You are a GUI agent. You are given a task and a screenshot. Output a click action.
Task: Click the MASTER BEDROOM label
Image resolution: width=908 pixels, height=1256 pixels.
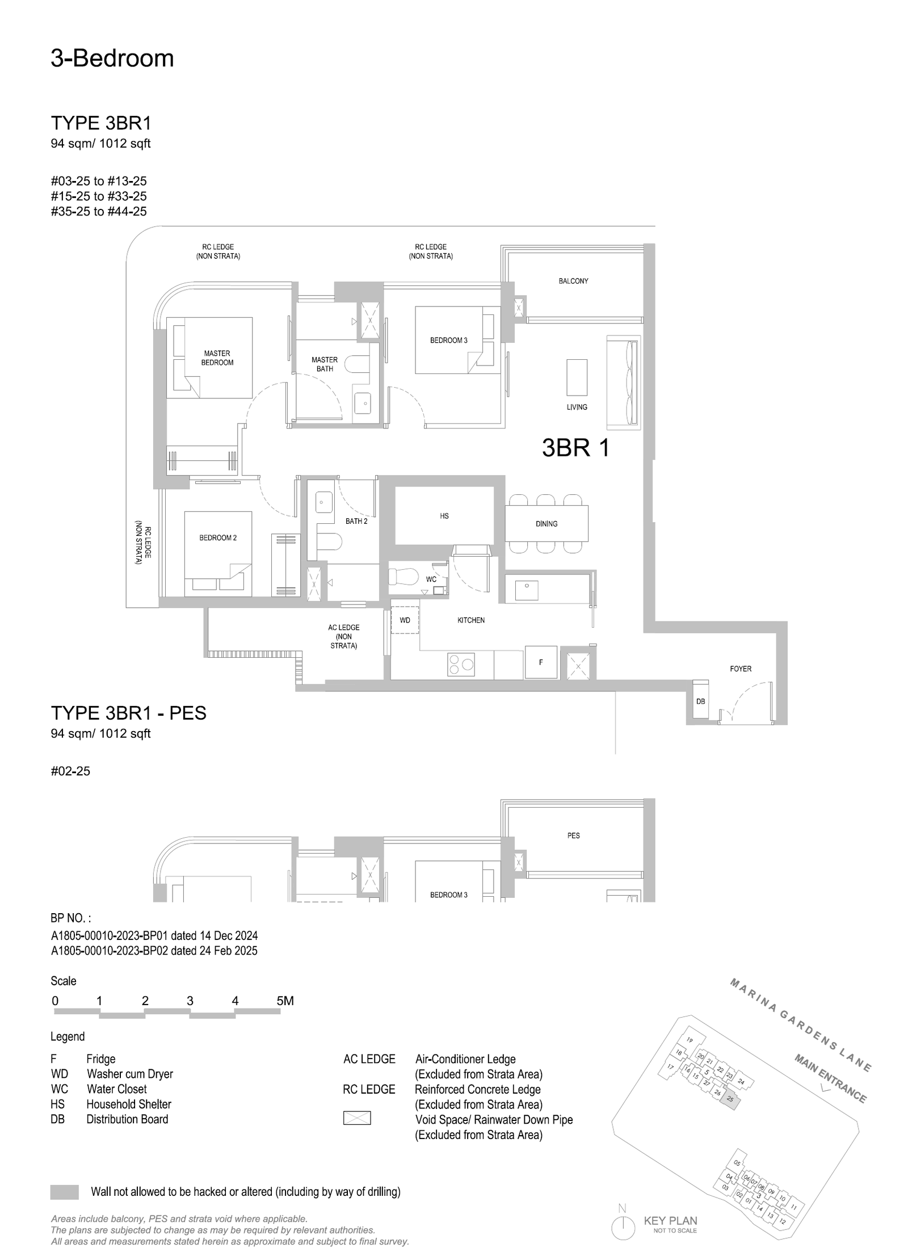217,358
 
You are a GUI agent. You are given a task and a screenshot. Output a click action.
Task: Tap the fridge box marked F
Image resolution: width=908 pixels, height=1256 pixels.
540,662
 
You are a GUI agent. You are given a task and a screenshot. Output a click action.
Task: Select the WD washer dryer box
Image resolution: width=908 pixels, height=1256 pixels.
405,620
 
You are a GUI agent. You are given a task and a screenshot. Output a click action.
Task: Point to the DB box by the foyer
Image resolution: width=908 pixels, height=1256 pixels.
701,701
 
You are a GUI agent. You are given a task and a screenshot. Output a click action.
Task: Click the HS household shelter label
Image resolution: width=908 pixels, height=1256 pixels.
444,516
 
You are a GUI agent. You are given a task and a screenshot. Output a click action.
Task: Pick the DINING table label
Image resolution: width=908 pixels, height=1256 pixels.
547,524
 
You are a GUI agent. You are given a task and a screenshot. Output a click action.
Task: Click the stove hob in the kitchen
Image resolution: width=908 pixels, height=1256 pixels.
461,665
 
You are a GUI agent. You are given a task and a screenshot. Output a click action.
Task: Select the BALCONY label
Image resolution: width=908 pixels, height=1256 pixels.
573,281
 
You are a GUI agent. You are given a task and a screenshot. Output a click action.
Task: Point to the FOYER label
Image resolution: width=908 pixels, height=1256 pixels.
741,669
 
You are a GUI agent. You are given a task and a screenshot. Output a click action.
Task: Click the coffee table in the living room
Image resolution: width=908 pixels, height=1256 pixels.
577,377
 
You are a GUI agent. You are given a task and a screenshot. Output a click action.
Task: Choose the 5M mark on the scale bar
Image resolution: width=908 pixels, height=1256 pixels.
285,1001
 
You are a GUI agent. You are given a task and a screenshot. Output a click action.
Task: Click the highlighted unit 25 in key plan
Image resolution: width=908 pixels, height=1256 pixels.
730,1099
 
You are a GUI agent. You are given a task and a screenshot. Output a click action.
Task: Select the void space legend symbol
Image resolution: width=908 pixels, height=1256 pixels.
357,1118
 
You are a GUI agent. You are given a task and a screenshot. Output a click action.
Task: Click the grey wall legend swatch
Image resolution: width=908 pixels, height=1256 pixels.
65,1191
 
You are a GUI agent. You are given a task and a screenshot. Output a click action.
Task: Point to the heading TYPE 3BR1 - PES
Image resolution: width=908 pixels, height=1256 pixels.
129,713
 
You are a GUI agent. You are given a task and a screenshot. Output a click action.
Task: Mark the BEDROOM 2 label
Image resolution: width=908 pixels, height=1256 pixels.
218,537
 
